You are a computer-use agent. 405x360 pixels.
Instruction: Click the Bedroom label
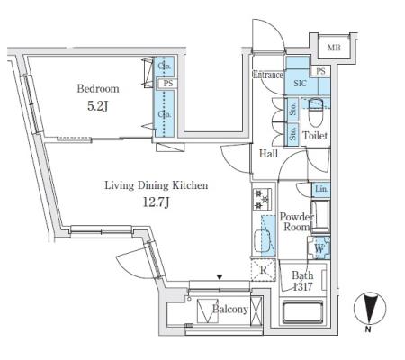point(98,89)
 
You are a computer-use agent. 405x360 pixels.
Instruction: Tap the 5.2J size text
point(97,106)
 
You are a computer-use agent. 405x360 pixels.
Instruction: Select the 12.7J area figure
point(156,202)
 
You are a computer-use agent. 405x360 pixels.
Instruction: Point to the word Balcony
point(230,309)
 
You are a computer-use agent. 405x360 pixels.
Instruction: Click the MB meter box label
point(334,48)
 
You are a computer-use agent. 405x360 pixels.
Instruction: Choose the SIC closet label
point(300,83)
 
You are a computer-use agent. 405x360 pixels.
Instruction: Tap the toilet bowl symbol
point(315,112)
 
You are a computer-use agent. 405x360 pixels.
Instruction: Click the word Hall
point(268,154)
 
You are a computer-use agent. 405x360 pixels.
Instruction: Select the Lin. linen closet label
point(321,189)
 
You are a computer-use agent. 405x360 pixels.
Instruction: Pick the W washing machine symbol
point(319,248)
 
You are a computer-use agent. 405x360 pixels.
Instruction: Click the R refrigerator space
point(263,270)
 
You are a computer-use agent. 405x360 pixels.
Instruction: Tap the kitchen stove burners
point(262,199)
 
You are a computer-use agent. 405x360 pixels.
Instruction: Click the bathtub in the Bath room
point(302,312)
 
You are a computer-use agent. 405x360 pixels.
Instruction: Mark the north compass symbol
point(370,310)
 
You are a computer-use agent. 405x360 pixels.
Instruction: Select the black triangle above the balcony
point(220,277)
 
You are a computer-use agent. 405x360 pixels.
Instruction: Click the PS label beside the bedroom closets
point(168,84)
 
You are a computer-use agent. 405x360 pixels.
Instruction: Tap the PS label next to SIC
point(320,71)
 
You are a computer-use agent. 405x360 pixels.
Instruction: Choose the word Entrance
point(267,75)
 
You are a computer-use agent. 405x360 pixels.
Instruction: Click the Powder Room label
point(296,221)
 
